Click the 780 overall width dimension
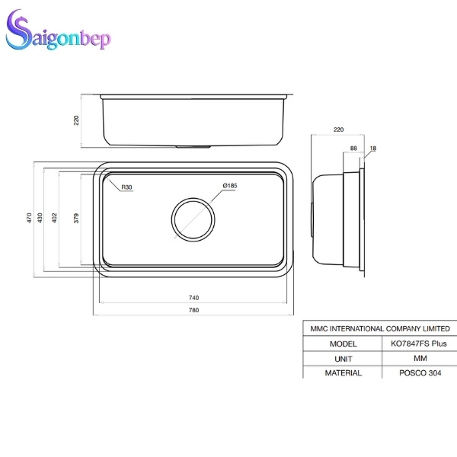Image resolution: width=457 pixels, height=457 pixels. click(193, 310)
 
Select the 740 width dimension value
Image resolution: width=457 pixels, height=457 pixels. click(193, 297)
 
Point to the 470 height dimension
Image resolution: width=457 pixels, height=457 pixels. click(29, 218)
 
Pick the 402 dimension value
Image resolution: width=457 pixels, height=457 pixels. click(55, 218)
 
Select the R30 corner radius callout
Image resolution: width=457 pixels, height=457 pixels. click(126, 187)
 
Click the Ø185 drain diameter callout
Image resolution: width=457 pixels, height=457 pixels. click(230, 187)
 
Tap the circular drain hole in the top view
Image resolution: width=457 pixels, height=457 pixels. click(193, 219)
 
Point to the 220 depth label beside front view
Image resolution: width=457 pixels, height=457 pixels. click(76, 120)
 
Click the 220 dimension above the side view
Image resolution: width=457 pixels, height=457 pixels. click(338, 130)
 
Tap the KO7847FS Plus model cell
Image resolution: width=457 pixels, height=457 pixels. click(418, 344)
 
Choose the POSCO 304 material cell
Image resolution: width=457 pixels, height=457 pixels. click(418, 373)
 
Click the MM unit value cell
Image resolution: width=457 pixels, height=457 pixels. click(418, 358)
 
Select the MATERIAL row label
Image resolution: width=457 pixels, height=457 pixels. click(343, 373)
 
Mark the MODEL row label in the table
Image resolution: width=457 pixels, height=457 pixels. click(343, 344)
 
